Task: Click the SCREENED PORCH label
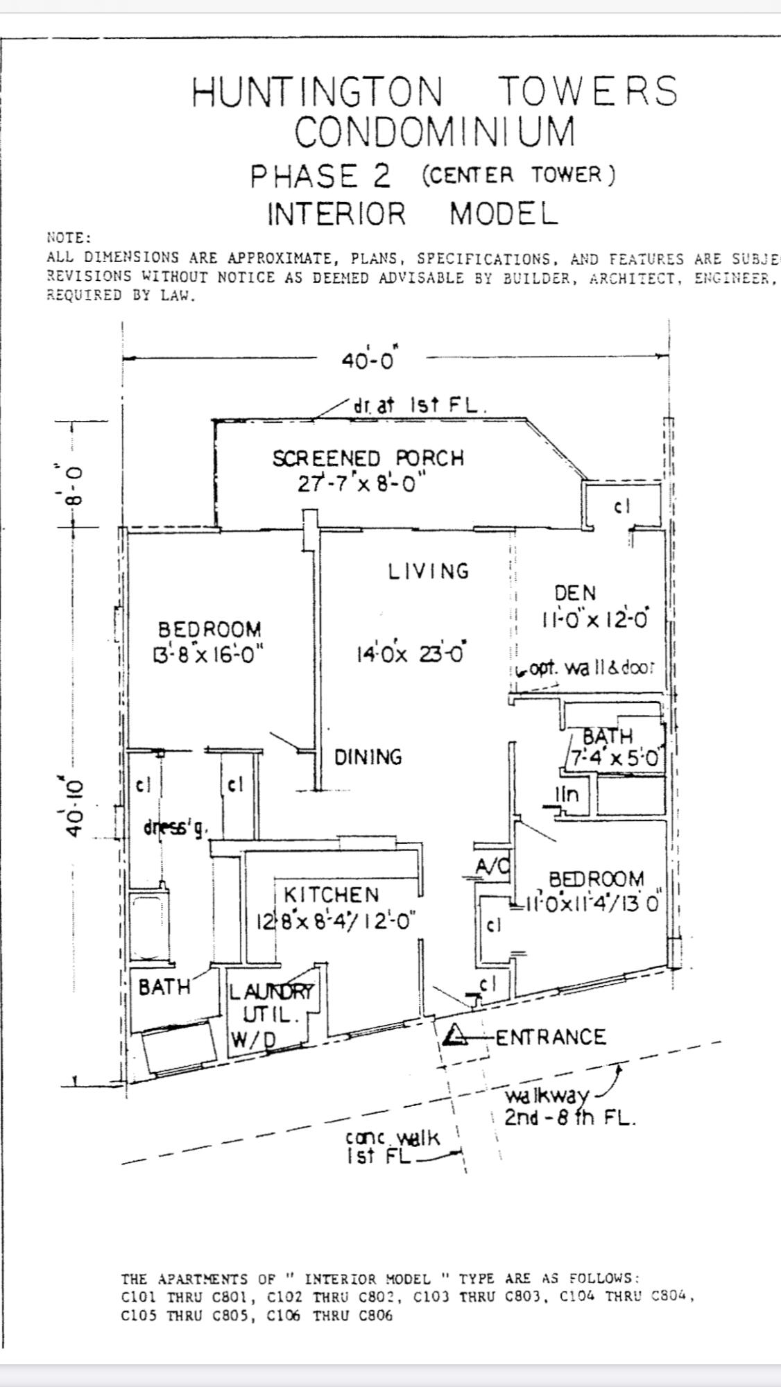[x=368, y=459]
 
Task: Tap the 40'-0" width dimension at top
[x=368, y=361]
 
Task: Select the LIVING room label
[x=428, y=571]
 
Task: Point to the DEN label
[x=575, y=594]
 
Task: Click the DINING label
[x=368, y=757]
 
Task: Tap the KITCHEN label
[x=332, y=895]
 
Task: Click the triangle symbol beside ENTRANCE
[x=456, y=1035]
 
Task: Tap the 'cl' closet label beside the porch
[x=621, y=507]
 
